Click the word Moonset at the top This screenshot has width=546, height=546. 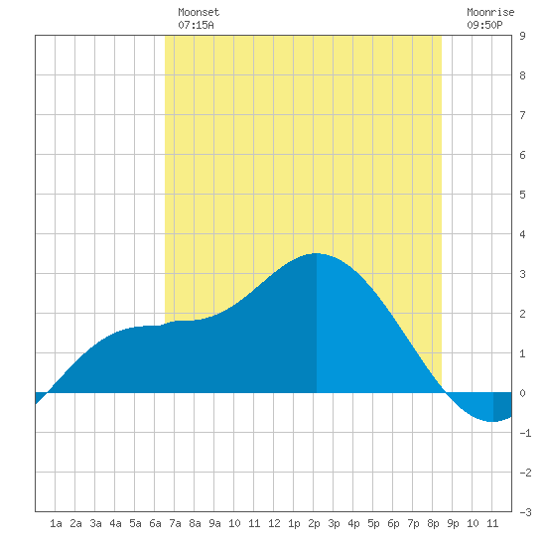click(199, 12)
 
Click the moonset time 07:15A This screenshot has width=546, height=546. click(196, 25)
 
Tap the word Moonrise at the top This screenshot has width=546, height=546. click(490, 12)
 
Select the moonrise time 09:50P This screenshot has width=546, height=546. click(484, 25)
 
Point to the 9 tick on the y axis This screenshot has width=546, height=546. click(522, 36)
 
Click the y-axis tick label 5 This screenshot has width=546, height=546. click(522, 195)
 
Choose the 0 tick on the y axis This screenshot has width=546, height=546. click(522, 393)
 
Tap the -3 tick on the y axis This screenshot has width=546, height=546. click(525, 512)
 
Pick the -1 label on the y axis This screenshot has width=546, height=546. click(525, 433)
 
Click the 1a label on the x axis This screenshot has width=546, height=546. click(56, 523)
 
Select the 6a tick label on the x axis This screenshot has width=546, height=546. click(155, 523)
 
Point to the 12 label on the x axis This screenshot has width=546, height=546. click(274, 523)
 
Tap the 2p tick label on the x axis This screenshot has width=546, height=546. click(314, 523)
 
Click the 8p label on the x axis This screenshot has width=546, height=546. click(433, 523)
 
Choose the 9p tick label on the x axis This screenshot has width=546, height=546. click(453, 523)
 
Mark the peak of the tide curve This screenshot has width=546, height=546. click(316, 253)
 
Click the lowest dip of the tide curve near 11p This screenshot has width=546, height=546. click(492, 421)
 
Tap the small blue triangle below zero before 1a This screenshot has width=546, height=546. click(39, 397)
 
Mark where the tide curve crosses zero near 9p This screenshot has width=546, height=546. click(446, 393)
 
